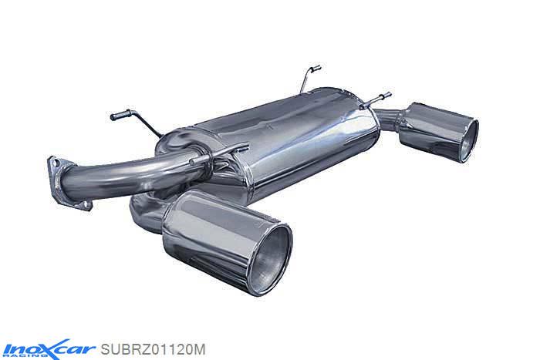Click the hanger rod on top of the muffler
308,76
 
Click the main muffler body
293,146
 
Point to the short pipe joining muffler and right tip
390,123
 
